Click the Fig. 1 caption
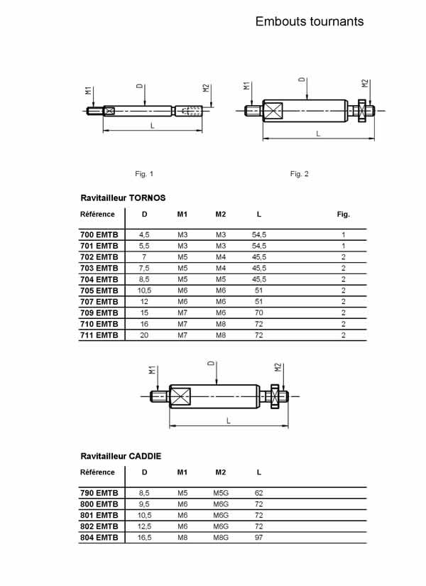(144, 173)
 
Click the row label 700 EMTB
(99, 234)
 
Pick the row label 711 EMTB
(99, 335)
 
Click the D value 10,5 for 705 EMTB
(145, 291)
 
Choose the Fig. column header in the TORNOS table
(343, 214)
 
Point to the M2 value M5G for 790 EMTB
(221, 492)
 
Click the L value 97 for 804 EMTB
(258, 537)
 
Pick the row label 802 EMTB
(99, 526)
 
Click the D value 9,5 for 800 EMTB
(145, 504)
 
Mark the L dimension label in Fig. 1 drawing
(152, 125)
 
